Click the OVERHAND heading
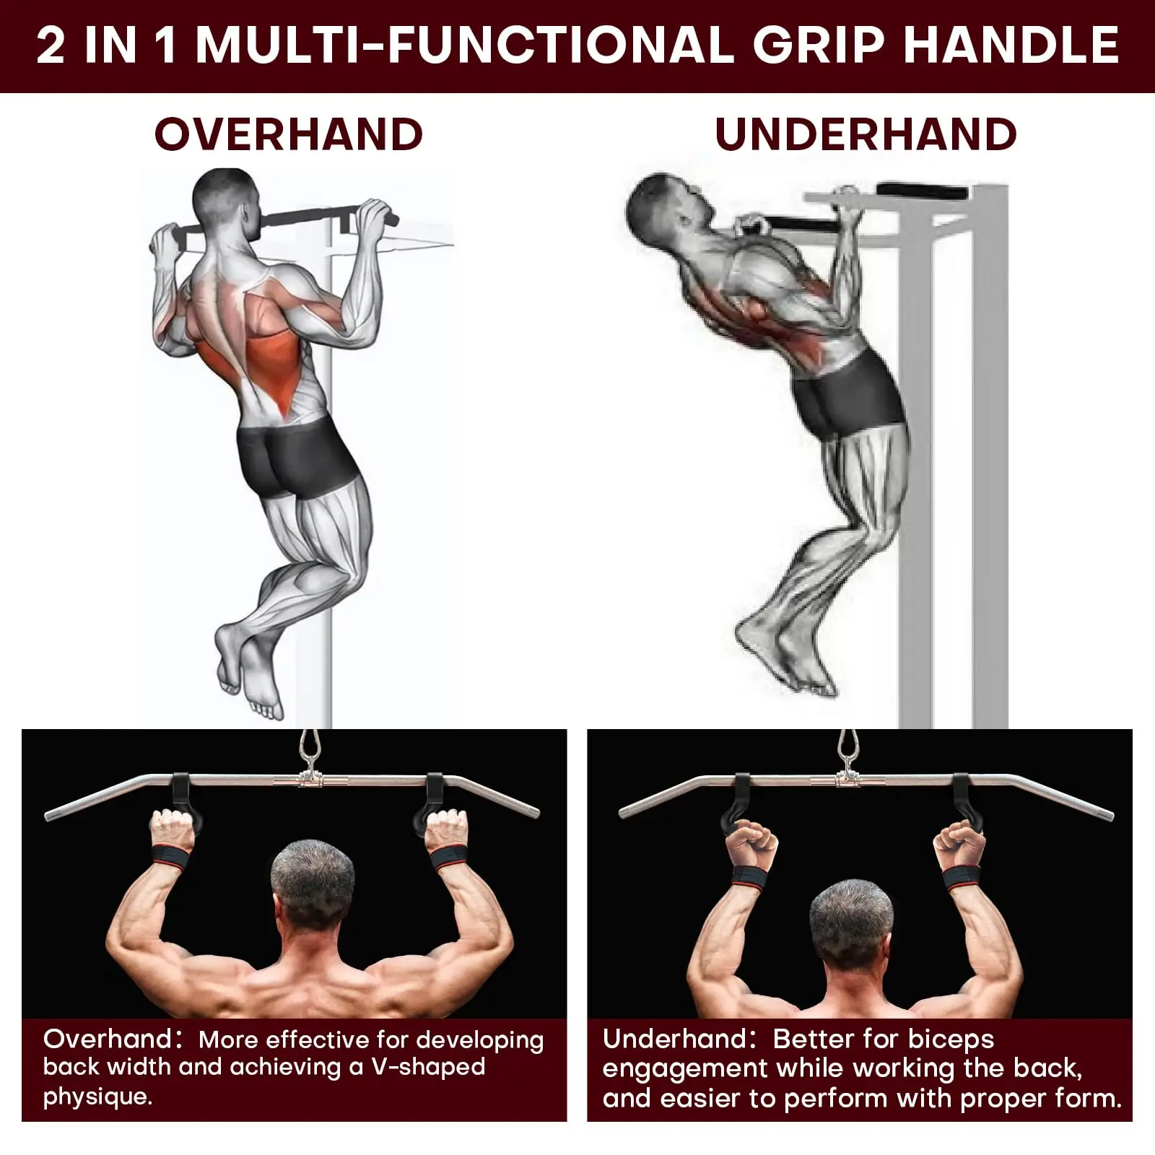[289, 134]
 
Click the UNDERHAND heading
[866, 134]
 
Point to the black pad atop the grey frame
[923, 193]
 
